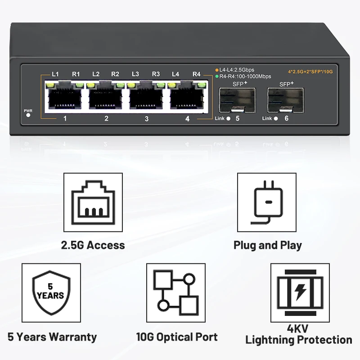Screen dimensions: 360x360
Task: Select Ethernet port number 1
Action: point(65,96)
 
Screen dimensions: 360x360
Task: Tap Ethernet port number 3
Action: point(146,96)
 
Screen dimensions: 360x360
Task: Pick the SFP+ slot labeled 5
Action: point(237,100)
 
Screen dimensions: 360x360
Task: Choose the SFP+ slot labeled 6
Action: point(285,100)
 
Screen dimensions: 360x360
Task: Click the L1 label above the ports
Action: point(55,74)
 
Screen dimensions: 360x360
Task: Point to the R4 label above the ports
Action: point(196,74)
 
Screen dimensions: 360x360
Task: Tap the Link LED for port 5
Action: point(228,119)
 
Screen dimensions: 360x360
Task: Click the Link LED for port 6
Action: point(276,119)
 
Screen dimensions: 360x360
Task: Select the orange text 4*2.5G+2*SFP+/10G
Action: point(310,71)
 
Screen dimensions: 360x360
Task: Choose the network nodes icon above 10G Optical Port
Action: point(175,292)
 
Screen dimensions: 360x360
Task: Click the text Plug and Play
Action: point(268,245)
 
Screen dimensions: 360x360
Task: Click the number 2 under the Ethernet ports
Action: point(106,119)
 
